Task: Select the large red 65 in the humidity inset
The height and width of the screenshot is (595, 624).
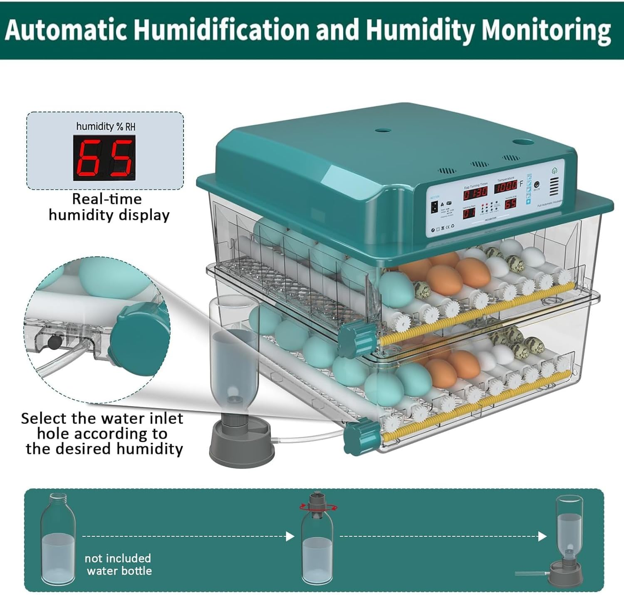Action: point(104,159)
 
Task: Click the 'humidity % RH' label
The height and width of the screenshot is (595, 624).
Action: point(106,126)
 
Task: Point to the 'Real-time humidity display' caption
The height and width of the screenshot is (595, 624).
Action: point(109,207)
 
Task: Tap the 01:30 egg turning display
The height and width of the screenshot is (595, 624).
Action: point(475,193)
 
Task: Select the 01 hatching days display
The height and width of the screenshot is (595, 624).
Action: point(469,213)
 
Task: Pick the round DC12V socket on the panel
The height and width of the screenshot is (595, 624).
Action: point(537,184)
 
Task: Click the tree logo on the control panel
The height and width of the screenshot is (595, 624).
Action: point(554,171)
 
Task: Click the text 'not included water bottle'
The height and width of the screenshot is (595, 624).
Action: point(118,564)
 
